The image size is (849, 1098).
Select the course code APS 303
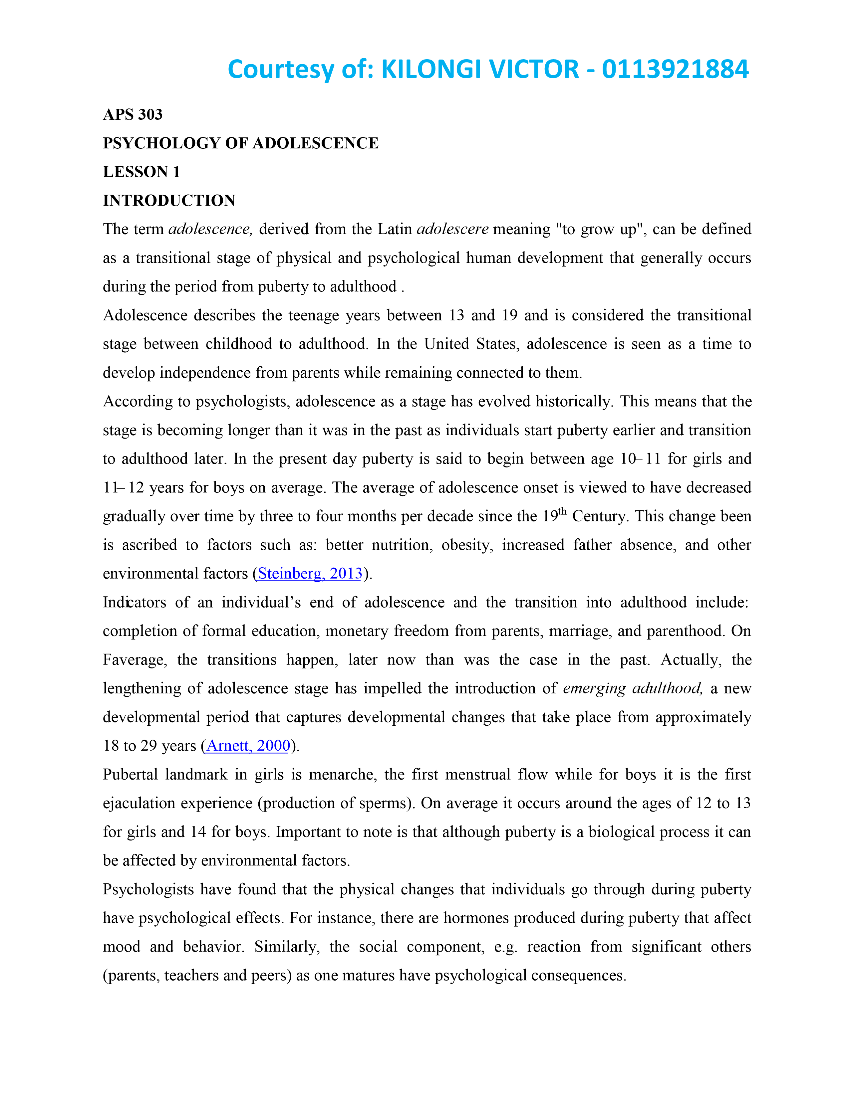tap(133, 115)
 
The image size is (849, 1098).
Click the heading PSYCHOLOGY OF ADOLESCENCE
tap(240, 143)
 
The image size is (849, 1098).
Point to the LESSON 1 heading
tap(141, 172)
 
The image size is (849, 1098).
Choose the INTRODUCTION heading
tap(169, 201)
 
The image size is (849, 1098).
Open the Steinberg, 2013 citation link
tap(310, 574)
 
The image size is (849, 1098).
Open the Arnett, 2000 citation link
tap(248, 746)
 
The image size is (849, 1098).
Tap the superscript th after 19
tap(562, 511)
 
